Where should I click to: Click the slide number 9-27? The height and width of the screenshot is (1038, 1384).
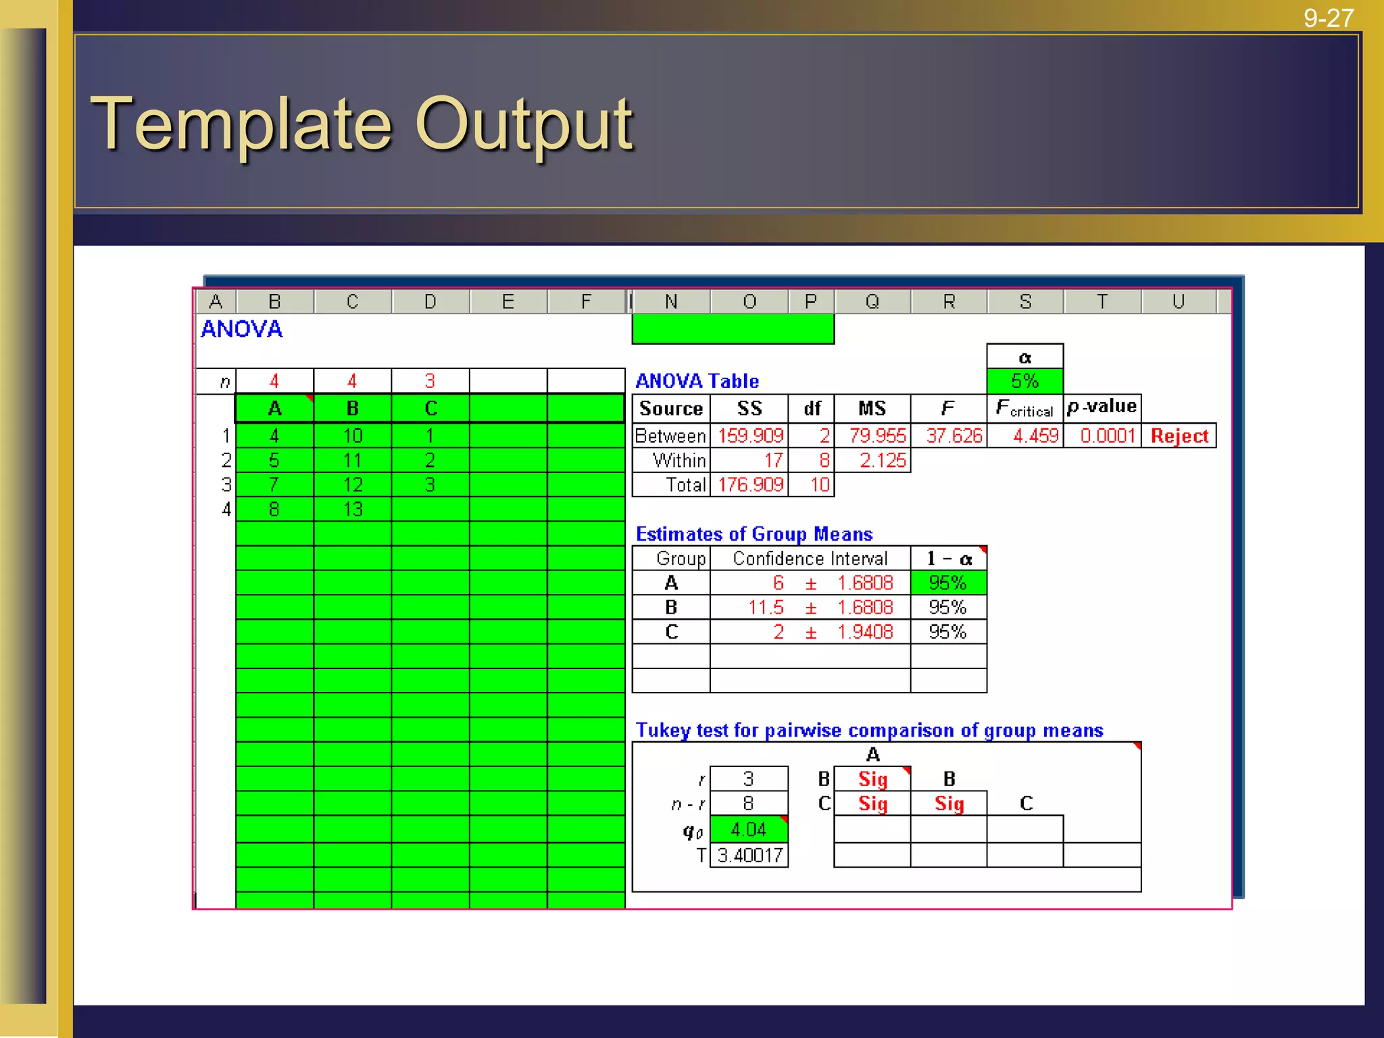(x=1328, y=18)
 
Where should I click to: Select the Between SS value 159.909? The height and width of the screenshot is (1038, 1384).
(x=750, y=436)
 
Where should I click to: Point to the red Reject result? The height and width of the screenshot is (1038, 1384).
(x=1179, y=436)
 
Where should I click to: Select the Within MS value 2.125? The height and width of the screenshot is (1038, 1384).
(x=882, y=461)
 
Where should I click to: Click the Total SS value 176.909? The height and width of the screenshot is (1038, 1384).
(x=750, y=485)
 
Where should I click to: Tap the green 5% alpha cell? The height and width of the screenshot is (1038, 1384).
(x=1024, y=381)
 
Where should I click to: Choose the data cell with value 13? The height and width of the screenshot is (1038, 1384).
(x=353, y=510)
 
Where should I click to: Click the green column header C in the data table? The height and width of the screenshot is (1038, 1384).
(x=430, y=409)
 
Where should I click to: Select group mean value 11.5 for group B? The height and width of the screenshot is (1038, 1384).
(x=766, y=608)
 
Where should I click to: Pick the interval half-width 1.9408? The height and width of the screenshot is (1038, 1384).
(x=865, y=633)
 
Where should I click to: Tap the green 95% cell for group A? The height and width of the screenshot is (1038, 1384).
(x=947, y=583)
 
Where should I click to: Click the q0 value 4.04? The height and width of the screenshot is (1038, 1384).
(x=748, y=830)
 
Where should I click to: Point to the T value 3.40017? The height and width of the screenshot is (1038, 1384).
(x=749, y=856)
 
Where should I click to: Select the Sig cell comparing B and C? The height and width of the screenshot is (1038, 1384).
(x=949, y=804)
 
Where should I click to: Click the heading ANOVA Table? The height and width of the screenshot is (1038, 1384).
(x=697, y=381)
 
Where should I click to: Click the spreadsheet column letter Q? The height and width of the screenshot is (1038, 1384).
(x=872, y=301)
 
